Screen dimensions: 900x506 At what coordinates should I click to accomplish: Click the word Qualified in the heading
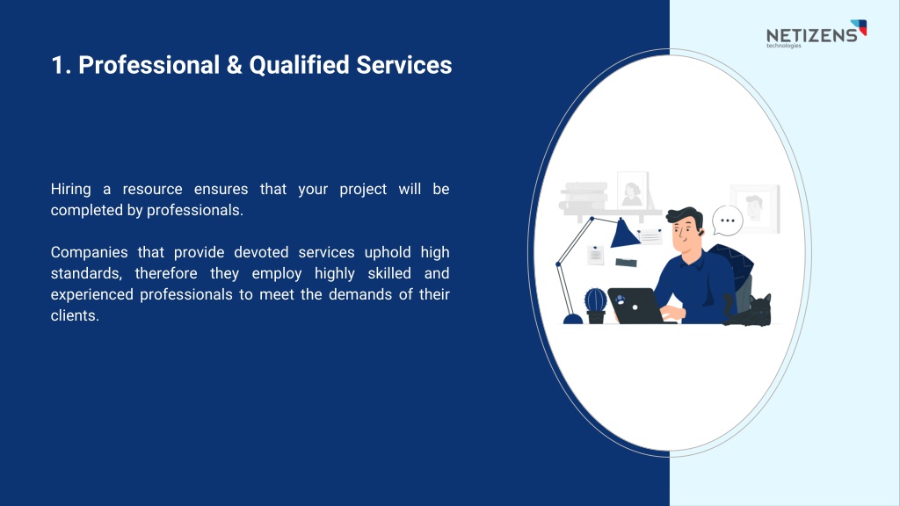299,66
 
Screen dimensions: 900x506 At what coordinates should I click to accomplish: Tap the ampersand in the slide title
234,65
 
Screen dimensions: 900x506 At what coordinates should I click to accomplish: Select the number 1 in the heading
58,65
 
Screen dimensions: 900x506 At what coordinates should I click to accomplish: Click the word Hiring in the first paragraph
70,190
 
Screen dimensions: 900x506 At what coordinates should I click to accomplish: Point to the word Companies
89,252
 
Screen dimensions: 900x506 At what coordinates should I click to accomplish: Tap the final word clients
75,315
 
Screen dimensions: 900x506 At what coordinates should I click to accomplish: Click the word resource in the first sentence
152,190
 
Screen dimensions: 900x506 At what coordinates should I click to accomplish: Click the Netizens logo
817,34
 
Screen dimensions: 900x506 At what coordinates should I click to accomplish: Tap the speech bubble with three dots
727,220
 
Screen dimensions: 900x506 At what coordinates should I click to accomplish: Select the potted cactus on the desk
595,306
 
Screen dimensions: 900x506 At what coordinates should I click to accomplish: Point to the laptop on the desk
636,306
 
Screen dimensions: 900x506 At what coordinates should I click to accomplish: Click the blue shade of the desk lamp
624,234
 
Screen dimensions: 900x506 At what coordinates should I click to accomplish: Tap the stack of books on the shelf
584,196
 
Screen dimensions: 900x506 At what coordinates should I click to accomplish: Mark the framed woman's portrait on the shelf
632,190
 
